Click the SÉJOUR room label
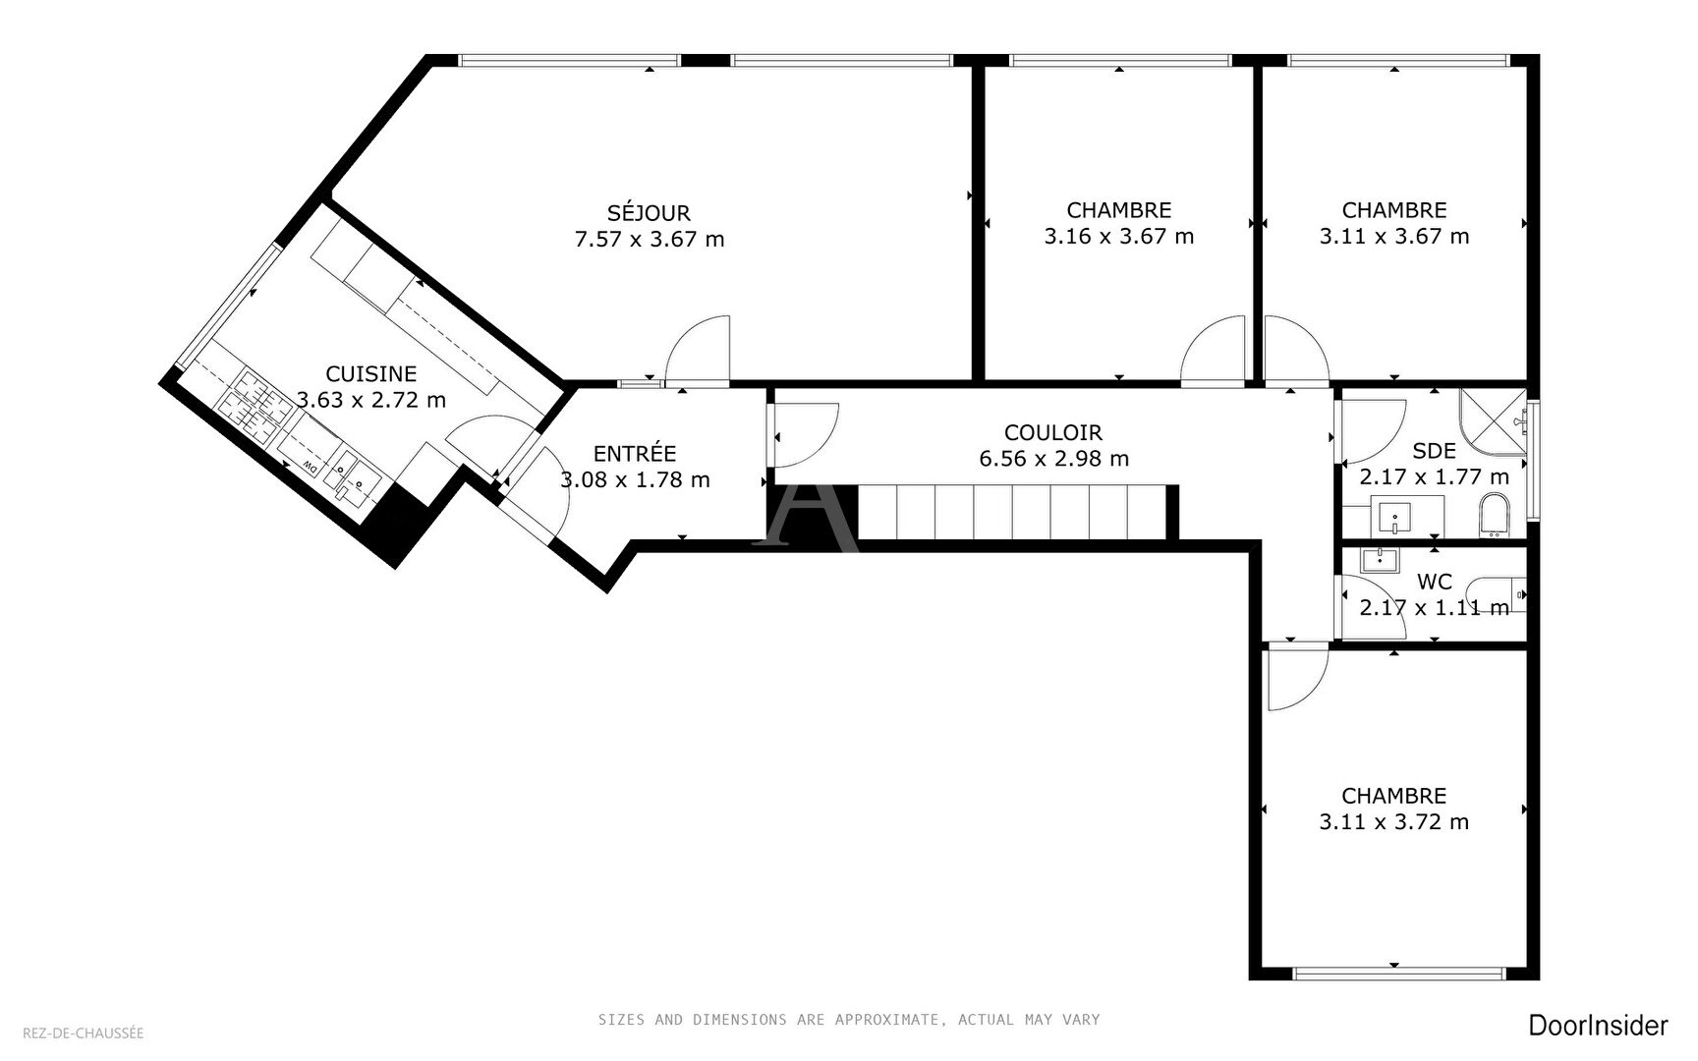pyautogui.click(x=649, y=213)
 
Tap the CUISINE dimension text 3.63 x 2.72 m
pyautogui.click(x=371, y=400)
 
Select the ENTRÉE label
pyautogui.click(x=635, y=453)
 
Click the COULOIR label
pyautogui.click(x=1053, y=432)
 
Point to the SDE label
pyautogui.click(x=1434, y=451)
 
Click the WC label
pyautogui.click(x=1434, y=583)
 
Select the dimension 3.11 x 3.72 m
pyautogui.click(x=1393, y=822)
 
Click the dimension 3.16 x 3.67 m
pyautogui.click(x=1118, y=237)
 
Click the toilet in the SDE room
pyautogui.click(x=1493, y=517)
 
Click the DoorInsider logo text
pyautogui.click(x=1598, y=1026)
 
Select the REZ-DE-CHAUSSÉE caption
pyautogui.click(x=84, y=1033)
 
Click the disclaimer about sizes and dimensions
pyautogui.click(x=849, y=1020)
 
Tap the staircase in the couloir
pyautogui.click(x=1012, y=512)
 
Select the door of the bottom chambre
pyautogui.click(x=1295, y=678)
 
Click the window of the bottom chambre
pyautogui.click(x=1398, y=974)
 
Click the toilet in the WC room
pyautogui.click(x=1506, y=594)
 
